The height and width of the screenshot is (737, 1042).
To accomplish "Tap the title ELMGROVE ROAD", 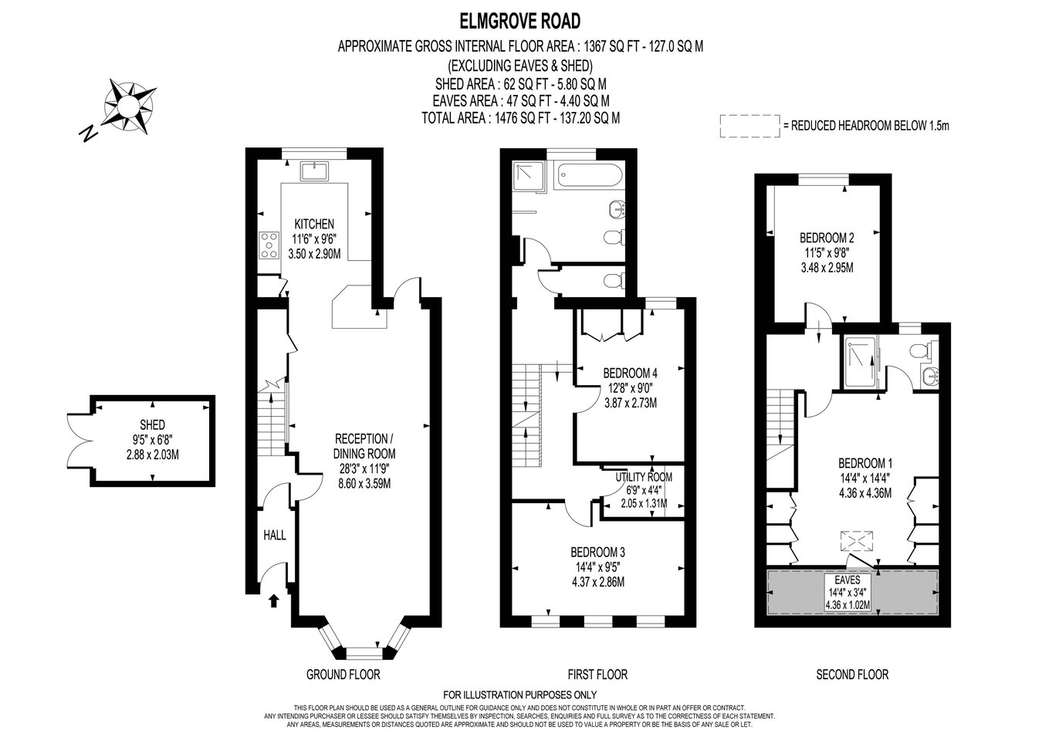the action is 520,22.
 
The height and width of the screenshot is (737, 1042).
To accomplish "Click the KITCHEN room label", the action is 314,224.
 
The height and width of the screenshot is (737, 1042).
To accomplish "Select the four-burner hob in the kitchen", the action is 269,245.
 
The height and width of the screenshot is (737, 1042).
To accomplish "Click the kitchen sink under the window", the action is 314,171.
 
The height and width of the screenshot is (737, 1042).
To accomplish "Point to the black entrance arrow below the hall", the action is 274,601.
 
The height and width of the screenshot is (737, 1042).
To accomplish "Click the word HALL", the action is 275,536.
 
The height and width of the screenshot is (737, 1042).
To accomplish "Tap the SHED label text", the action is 152,425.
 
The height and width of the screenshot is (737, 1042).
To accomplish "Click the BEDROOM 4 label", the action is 630,373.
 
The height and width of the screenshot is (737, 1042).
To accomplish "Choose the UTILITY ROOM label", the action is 644,478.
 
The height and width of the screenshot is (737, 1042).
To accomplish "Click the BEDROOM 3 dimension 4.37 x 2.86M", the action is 597,582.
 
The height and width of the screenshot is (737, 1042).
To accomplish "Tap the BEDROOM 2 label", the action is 827,238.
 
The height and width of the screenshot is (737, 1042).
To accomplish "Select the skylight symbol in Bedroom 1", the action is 857,541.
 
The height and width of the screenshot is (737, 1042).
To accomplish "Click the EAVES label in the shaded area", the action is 847,580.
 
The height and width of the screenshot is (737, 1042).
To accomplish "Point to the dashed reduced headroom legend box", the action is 750,126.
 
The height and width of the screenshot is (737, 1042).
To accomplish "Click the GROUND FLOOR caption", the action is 343,674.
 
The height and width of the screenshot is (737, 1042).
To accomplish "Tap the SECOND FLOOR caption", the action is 852,674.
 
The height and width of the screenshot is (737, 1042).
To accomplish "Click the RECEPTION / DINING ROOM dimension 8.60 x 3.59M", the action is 364,484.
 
